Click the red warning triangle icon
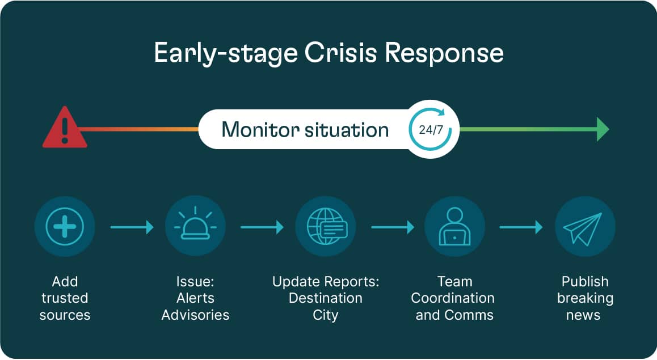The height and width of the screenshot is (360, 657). [65, 129]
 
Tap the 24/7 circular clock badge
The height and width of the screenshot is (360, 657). [431, 129]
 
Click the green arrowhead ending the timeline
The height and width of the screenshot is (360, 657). [603, 129]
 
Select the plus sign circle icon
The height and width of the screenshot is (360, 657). [65, 227]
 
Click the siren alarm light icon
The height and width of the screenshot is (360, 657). [195, 227]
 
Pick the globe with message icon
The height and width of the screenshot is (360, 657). [326, 227]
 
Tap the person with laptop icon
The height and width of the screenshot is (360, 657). [454, 227]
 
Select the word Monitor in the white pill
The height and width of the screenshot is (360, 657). [256, 129]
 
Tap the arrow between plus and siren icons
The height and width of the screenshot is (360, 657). [132, 227]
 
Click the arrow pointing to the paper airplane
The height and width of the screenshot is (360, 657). [521, 227]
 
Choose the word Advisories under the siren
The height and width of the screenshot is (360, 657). [195, 315]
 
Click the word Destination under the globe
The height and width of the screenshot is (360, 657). [326, 298]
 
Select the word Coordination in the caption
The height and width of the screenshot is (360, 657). [453, 298]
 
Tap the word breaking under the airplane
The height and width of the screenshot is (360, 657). [585, 298]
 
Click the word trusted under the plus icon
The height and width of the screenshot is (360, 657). [65, 298]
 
